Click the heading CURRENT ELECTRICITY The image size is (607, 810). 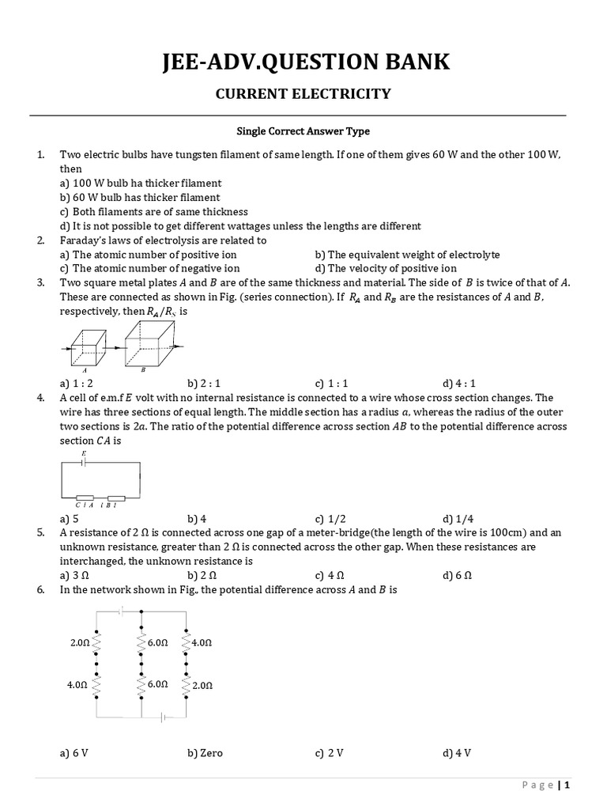pyautogui.click(x=303, y=94)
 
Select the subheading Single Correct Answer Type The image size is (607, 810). pyautogui.click(x=303, y=131)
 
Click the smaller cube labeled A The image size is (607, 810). pyautogui.click(x=85, y=347)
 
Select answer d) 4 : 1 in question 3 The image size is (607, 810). pyautogui.click(x=459, y=383)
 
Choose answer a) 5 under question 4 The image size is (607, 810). pyautogui.click(x=69, y=519)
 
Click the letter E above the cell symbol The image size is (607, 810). pyautogui.click(x=85, y=452)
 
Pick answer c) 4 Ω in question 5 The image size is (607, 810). pyautogui.click(x=330, y=575)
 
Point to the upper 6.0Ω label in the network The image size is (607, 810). pyautogui.click(x=157, y=644)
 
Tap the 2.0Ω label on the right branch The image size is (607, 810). pyautogui.click(x=202, y=685)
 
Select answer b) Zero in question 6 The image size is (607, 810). pyautogui.click(x=205, y=752)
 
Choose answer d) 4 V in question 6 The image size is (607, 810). pyautogui.click(x=458, y=752)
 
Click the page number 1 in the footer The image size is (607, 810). pyautogui.click(x=567, y=785)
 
